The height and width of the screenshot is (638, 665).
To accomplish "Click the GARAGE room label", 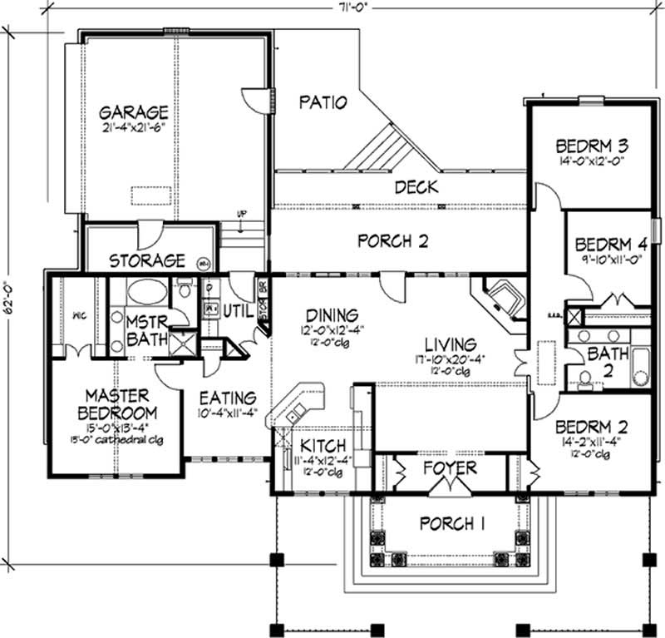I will click(134, 111).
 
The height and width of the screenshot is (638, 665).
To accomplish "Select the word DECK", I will click(416, 187).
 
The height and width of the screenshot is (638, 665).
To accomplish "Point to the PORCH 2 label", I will click(392, 241).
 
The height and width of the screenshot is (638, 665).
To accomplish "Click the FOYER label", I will click(448, 467).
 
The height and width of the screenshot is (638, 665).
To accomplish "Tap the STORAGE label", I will click(146, 260).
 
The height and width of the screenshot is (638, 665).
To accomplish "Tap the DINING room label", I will click(331, 315).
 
